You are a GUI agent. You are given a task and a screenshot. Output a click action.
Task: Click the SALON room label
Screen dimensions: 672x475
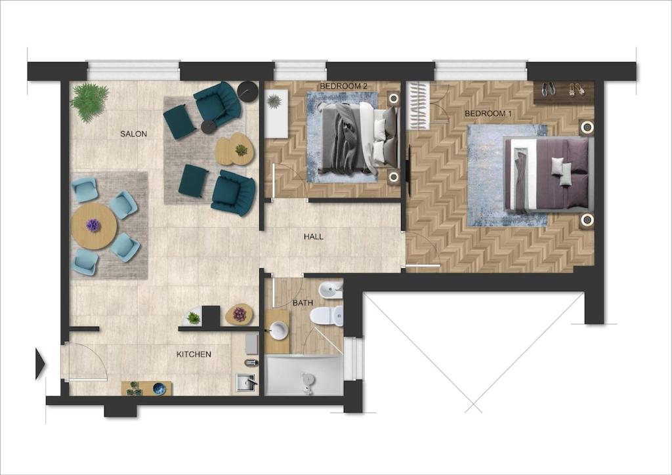[x=133, y=134]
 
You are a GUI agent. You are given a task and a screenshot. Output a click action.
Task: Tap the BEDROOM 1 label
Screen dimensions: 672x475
[x=488, y=114]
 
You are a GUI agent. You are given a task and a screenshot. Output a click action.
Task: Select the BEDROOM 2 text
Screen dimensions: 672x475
[x=343, y=86]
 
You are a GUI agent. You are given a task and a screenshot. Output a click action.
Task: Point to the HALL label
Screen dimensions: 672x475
[x=313, y=236]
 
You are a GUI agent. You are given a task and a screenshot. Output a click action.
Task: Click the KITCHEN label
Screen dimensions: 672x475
[x=194, y=354]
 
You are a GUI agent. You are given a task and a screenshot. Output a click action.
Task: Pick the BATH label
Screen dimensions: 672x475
[x=303, y=303]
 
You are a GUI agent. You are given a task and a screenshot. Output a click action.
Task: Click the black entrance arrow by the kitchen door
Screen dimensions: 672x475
[x=40, y=363]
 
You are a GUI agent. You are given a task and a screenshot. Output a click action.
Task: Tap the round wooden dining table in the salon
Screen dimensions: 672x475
[x=94, y=226]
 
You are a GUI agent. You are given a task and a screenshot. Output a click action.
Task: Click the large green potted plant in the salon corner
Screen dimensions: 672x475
[x=89, y=102]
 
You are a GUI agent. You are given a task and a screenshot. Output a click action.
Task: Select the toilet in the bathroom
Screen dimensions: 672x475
[x=327, y=316]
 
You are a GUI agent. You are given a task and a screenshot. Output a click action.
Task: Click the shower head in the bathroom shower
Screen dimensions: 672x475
[x=306, y=381]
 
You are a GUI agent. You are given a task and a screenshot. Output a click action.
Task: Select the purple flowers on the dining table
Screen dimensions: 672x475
[x=93, y=225]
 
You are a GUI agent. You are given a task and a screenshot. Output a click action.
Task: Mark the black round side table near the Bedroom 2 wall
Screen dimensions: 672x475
[x=247, y=92]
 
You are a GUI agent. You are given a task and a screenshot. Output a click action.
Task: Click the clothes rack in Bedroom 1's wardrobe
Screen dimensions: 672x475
[x=417, y=106]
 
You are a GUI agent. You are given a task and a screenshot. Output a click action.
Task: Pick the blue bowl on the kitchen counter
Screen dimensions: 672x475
[x=159, y=388]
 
